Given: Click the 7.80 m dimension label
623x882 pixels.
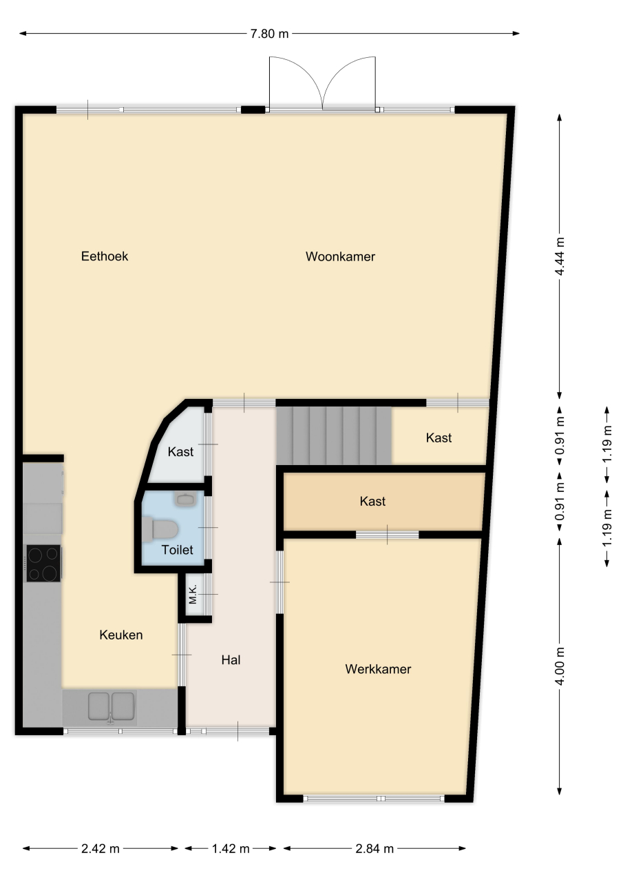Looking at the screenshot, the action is [269, 34].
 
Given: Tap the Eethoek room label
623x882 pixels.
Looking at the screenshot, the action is [105, 256].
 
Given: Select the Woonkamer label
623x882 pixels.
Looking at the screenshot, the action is [340, 257].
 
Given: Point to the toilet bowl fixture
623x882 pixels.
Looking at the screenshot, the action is [161, 530].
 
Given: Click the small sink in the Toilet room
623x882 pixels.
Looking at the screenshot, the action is [186, 500].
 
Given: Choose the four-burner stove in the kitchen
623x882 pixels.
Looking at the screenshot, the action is [43, 563].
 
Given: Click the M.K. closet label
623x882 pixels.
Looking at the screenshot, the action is [193, 594].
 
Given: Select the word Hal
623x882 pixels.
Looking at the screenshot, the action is [231, 660].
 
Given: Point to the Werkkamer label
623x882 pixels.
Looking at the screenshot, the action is [378, 669].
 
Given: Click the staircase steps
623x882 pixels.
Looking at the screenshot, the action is [335, 435].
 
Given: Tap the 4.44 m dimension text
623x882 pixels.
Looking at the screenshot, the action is [560, 256].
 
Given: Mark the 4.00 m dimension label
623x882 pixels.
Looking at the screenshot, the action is [560, 666].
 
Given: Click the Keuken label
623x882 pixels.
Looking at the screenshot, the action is [120, 635].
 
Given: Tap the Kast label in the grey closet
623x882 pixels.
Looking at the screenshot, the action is [180, 451].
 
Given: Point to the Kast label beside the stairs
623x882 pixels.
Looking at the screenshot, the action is [439, 438].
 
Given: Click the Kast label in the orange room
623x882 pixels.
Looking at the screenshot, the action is [372, 501].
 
